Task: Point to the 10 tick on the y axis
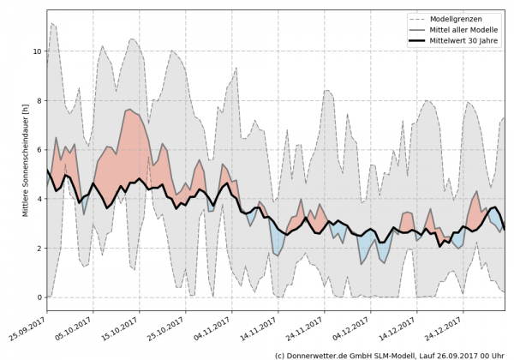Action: pos(37,51)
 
